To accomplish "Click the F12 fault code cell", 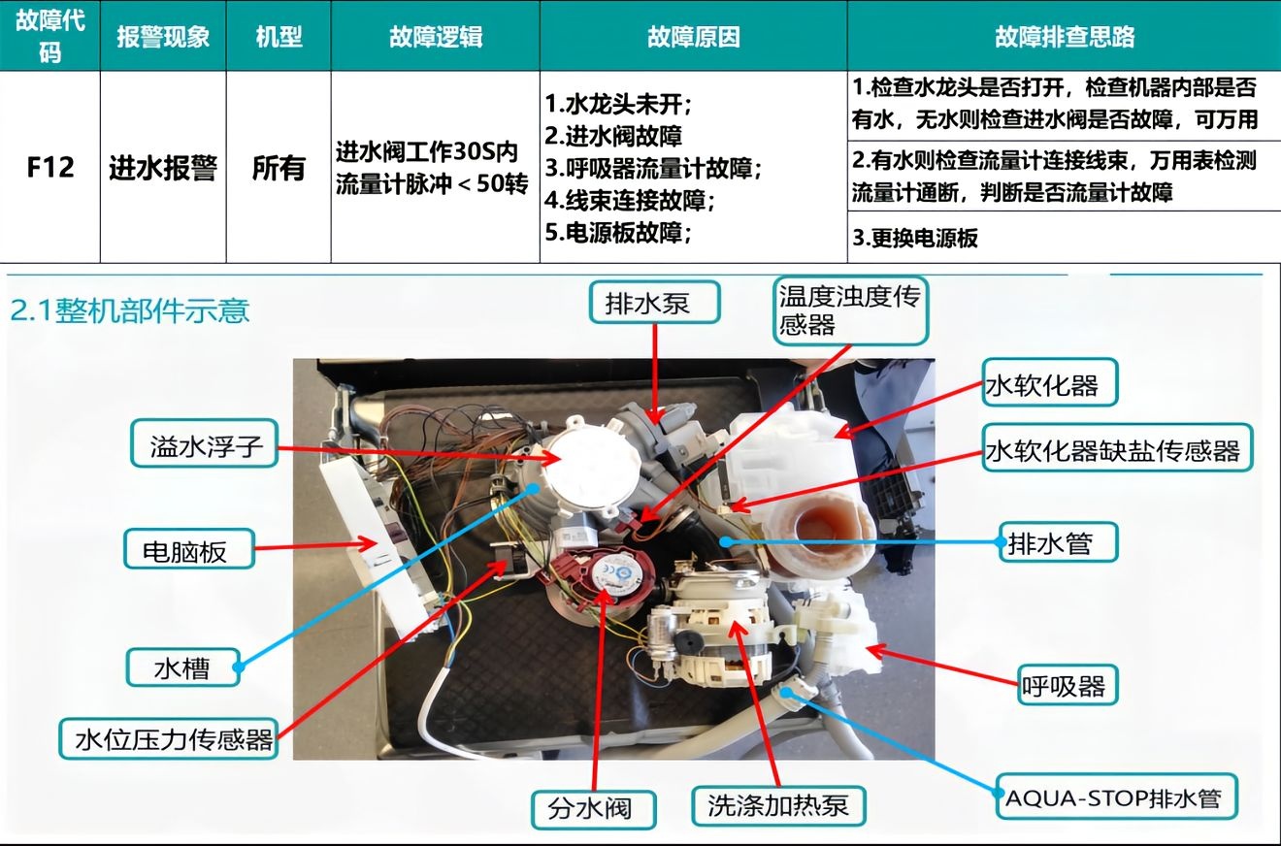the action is click(x=50, y=167).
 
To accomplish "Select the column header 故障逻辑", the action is click(x=436, y=37).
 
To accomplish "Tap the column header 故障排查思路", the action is click(x=1065, y=37).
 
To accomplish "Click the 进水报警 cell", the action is click(x=163, y=168).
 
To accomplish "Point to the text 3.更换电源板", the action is click(x=915, y=238).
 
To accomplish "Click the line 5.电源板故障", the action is click(x=618, y=232).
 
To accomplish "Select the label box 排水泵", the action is click(x=654, y=303).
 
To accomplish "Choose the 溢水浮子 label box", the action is click(x=204, y=443).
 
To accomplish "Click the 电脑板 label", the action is click(x=189, y=549).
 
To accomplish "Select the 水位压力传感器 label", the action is click(x=169, y=738).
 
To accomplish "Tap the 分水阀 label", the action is click(x=593, y=809).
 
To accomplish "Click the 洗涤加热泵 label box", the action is click(x=777, y=806).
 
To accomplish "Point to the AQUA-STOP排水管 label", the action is click(x=1116, y=797).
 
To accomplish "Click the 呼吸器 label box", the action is click(x=1067, y=685).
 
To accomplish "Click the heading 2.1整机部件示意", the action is click(x=130, y=310).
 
